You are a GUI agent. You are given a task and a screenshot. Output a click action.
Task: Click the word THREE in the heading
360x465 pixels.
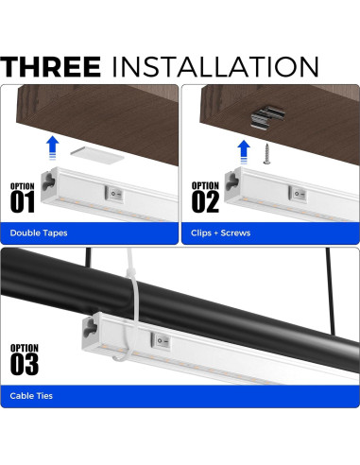point(51,66)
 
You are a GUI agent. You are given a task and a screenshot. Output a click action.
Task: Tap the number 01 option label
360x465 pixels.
point(25,200)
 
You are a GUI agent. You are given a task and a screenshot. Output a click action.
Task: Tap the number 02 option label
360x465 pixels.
point(205,200)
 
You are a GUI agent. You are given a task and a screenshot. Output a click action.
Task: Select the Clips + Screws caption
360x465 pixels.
point(221,232)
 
